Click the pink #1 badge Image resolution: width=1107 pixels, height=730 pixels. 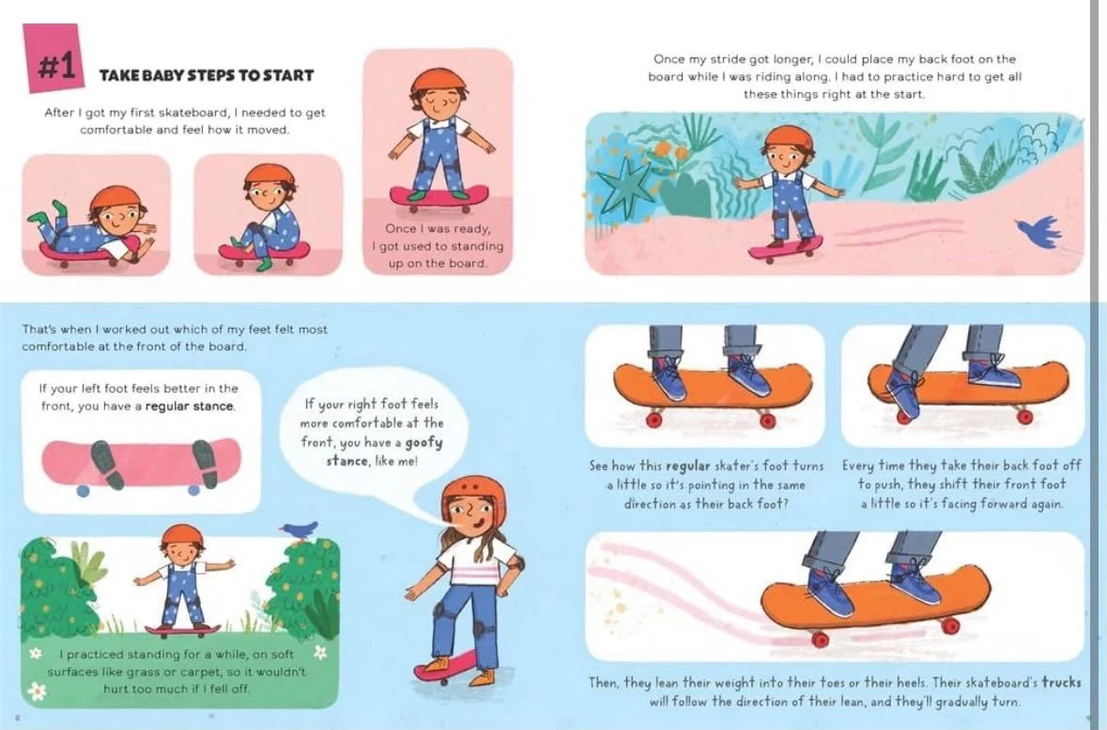[x=53, y=59]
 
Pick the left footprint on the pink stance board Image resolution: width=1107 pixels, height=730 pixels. [x=107, y=465]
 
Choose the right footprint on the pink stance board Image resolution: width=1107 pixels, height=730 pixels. [x=205, y=464]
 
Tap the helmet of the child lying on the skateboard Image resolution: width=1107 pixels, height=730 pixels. [x=115, y=198]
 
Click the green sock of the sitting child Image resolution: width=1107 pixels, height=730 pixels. [x=263, y=263]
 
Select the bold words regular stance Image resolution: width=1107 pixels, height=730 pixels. [x=190, y=407]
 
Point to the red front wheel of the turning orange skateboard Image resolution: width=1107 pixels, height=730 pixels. [x=820, y=639]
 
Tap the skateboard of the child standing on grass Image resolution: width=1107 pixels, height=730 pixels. [x=183, y=629]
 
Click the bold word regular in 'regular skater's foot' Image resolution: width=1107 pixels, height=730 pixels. [x=687, y=466]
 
